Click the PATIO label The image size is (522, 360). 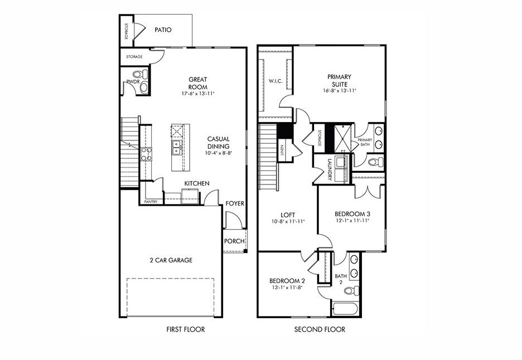(x=162, y=30)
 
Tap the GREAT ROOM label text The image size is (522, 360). (x=197, y=83)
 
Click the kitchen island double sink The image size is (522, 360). (x=177, y=148)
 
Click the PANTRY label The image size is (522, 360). (x=151, y=201)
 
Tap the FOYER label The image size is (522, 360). (x=235, y=203)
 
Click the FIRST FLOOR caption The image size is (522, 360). (x=186, y=329)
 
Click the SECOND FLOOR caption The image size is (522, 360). (x=320, y=329)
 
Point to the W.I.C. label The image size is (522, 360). (x=275, y=81)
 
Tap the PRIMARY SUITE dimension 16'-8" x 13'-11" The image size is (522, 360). (x=339, y=90)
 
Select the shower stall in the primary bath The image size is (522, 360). (x=340, y=137)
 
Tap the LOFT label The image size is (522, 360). (x=288, y=215)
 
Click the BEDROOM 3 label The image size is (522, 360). (x=352, y=213)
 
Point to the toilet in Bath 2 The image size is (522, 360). (x=351, y=290)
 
